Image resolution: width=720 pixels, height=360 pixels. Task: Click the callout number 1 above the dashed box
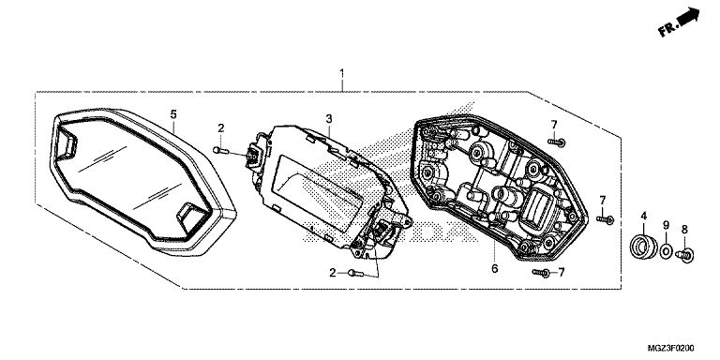pos(341,73)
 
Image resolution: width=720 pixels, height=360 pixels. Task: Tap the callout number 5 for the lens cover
pos(173,114)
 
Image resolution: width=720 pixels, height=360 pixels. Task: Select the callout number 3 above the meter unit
pos(329,119)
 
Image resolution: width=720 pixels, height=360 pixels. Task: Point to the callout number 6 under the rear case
pos(495,269)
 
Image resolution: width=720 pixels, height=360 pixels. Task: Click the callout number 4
pos(644,216)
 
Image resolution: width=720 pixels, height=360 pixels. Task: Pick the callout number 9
pos(666,225)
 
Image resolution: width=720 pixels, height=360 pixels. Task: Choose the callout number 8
pos(684,229)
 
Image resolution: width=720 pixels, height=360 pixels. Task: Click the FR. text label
pos(668,30)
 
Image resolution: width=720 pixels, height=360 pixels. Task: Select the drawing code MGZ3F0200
pos(671,348)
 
